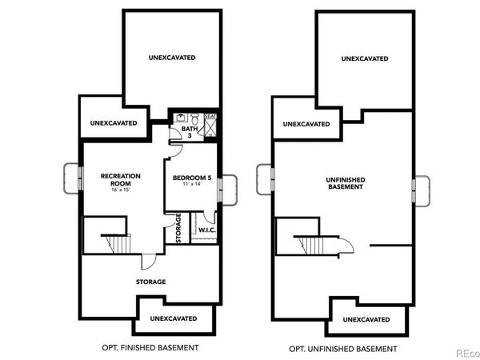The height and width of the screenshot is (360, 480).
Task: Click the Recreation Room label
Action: (120, 178)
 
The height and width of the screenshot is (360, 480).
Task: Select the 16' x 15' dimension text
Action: (120, 191)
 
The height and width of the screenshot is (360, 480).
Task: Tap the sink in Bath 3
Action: (182, 117)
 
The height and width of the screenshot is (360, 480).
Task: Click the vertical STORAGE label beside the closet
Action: (179, 228)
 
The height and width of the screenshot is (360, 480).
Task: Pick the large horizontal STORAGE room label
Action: (150, 282)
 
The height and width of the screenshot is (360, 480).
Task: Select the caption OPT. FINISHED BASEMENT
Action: (150, 347)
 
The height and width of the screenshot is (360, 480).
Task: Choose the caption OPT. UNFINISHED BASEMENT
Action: (344, 347)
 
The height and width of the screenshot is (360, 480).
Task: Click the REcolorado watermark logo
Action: (465, 352)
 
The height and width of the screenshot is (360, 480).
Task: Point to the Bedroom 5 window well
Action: (228, 186)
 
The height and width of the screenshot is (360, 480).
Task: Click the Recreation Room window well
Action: (71, 178)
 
